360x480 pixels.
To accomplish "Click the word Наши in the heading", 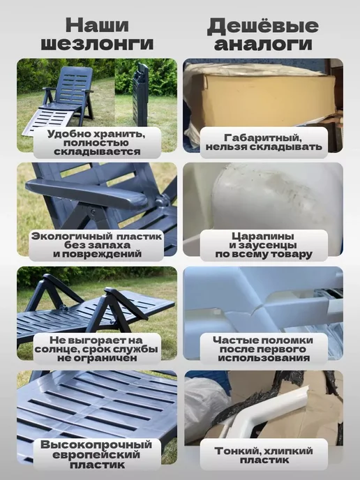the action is (x=97, y=25).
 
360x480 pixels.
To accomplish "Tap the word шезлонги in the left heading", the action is (x=97, y=43).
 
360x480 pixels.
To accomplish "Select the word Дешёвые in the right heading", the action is (x=263, y=26).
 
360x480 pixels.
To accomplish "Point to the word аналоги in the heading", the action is (x=263, y=44).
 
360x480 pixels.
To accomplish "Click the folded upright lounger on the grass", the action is (x=140, y=94).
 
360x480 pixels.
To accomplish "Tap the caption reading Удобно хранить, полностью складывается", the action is (x=97, y=142).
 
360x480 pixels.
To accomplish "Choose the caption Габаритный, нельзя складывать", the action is (x=264, y=142).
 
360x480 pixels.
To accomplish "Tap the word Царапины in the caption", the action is (x=263, y=237).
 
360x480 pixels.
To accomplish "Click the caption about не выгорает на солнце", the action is (x=96, y=349).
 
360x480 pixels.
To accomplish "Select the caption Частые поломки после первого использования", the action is (x=263, y=349).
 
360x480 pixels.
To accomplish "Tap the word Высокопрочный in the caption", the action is (x=96, y=445).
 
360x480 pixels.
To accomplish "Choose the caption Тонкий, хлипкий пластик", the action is (x=264, y=455).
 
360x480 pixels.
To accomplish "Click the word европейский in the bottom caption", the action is (x=96, y=455).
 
